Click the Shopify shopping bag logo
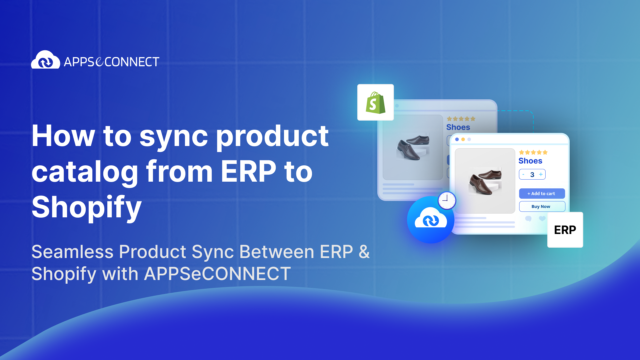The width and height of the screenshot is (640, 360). coord(375,103)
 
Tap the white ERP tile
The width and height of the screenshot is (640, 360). coord(565,230)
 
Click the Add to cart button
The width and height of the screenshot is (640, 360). coord(542,193)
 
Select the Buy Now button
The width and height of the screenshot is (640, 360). coord(542,206)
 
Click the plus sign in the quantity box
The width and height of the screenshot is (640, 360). coord(541,174)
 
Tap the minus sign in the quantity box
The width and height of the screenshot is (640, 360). coord(523,174)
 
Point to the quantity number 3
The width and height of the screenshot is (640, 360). coord(532,175)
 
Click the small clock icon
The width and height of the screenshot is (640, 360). coord(447,200)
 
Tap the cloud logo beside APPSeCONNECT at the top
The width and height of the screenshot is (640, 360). coord(46,60)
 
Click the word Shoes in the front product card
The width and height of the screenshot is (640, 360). coord(530,161)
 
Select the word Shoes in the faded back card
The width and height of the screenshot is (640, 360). coord(458,127)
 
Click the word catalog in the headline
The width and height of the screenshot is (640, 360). coord(85,172)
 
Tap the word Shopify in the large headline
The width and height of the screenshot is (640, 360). coord(87,208)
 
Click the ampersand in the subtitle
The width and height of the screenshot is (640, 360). coord(364,252)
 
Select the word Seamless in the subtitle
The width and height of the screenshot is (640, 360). coord(72,252)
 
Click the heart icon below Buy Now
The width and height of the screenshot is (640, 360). coord(542,219)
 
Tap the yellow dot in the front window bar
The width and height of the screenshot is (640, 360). coord(463,139)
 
